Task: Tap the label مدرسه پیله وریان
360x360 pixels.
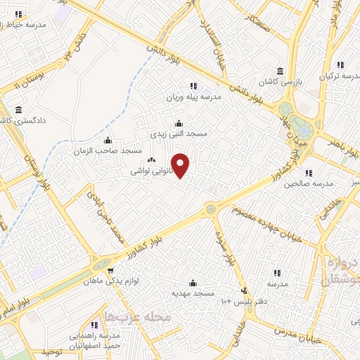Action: pos(194,96)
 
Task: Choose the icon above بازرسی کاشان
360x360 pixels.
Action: pos(281,72)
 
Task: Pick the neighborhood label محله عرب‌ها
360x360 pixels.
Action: pos(138,318)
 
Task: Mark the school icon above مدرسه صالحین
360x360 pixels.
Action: pos(307,173)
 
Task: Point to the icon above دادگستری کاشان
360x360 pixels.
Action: pos(18,110)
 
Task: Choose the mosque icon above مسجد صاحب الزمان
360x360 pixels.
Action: pos(108,140)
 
